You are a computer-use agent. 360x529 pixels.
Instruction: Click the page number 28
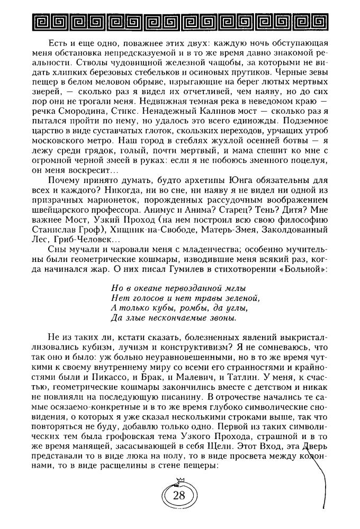[179, 510]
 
